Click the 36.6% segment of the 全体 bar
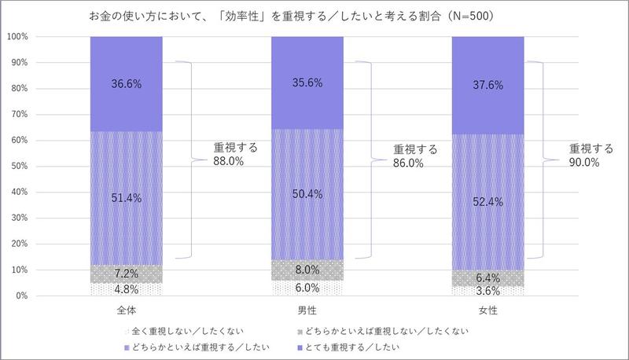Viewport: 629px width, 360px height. pyautogui.click(x=127, y=83)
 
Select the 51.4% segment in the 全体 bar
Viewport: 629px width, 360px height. pyautogui.click(x=127, y=198)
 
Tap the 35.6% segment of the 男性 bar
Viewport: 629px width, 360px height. pyautogui.click(x=307, y=83)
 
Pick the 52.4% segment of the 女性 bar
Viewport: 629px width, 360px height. pyautogui.click(x=487, y=200)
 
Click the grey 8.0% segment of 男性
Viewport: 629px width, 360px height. pyautogui.click(x=307, y=270)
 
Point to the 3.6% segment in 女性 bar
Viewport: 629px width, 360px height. pyautogui.click(x=487, y=291)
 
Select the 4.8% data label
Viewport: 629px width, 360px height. pyautogui.click(x=127, y=288)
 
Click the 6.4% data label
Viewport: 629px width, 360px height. pyautogui.click(x=487, y=277)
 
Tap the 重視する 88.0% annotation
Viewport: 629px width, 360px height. pyautogui.click(x=236, y=153)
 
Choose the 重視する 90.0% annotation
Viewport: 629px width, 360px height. pyautogui.click(x=591, y=155)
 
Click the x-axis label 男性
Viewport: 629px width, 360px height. pyautogui.click(x=307, y=311)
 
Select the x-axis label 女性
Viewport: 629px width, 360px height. pyautogui.click(x=487, y=311)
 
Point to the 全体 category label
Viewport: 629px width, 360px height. pyautogui.click(x=127, y=311)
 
